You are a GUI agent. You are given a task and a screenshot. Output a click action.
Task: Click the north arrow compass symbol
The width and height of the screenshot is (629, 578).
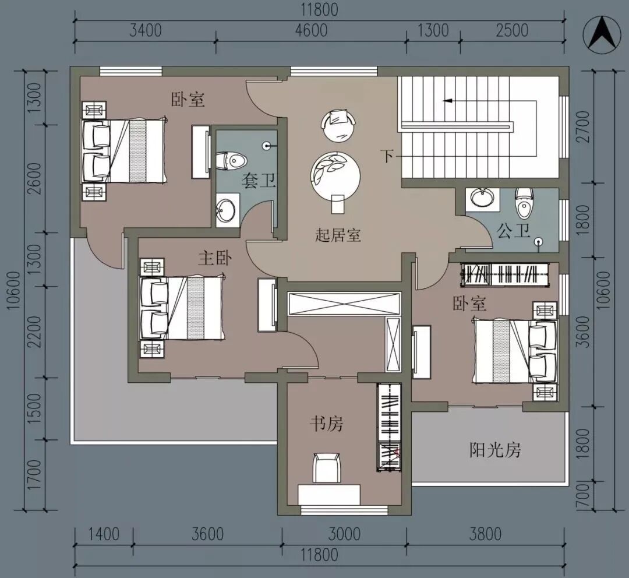click(x=601, y=35)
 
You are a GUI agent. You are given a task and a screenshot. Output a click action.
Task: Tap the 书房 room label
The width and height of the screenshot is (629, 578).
click(x=326, y=424)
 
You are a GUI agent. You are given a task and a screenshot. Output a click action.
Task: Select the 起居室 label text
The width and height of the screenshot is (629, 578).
click(x=338, y=235)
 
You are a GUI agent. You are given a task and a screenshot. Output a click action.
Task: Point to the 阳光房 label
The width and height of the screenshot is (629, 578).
click(x=495, y=450)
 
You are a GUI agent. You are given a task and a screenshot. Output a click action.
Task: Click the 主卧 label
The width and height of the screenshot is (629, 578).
click(x=215, y=258)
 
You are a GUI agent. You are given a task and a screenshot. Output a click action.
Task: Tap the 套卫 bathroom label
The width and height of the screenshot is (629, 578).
click(x=258, y=181)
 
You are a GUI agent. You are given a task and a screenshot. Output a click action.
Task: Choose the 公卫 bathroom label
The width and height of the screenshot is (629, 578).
click(x=514, y=231)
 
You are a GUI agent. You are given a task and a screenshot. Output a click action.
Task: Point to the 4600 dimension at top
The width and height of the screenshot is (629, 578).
click(x=311, y=31)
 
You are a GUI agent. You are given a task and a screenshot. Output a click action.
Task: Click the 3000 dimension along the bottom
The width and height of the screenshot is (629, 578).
click(x=344, y=534)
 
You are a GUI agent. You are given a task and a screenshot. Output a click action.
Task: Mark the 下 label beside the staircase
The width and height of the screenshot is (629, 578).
click(x=387, y=156)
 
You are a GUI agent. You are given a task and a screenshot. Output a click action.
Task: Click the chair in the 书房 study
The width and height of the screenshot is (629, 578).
click(x=326, y=467)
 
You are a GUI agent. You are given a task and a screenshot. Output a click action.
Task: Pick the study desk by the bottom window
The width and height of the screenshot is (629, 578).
click(x=329, y=495)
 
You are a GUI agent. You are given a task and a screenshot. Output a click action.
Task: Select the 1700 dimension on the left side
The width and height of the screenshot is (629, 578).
click(x=34, y=474)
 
